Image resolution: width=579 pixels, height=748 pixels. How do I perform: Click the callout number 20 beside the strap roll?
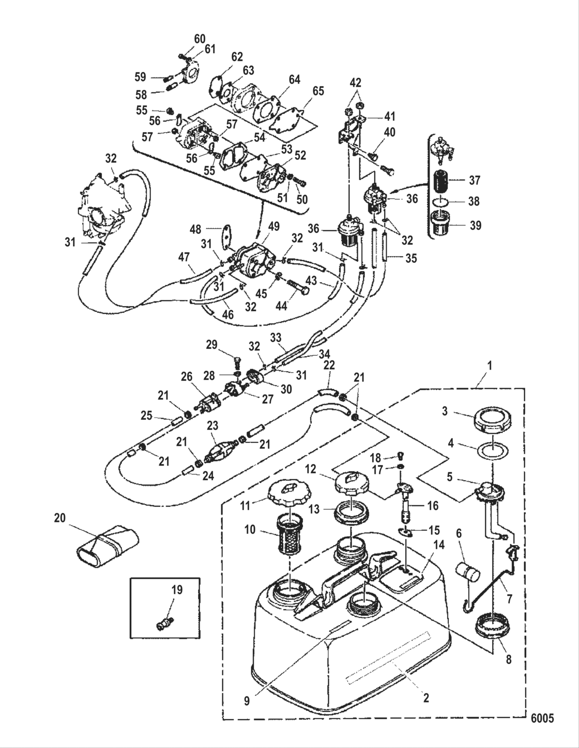[x=60, y=517]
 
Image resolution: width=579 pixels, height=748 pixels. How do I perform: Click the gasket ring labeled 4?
[x=492, y=451]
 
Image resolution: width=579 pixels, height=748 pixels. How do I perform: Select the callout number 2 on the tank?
[x=425, y=698]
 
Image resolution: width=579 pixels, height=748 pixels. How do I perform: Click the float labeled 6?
[x=468, y=572]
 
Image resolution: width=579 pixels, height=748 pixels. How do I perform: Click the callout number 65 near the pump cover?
[x=318, y=91]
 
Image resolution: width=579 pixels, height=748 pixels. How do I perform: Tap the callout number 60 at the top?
[x=200, y=39]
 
